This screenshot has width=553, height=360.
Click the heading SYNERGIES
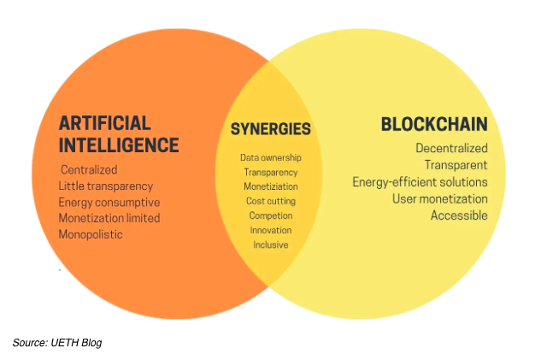270,129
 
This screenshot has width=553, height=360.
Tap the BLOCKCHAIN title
434,124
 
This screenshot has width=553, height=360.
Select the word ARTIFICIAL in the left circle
105,123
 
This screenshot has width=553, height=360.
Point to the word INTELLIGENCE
119,145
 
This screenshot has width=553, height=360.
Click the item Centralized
89,170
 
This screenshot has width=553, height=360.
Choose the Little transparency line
106,186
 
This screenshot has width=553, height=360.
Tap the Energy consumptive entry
109,203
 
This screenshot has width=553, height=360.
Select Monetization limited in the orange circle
109,218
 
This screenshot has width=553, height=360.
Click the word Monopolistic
91,234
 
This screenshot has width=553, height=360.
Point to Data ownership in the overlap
271,157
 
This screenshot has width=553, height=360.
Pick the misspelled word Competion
271,215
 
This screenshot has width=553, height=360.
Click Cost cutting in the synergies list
271,201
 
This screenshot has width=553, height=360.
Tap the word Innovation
271,230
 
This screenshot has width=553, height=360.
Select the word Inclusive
271,245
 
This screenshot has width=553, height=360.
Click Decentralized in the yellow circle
451,148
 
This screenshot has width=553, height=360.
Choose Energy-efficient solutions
420,182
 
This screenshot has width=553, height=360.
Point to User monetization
440,199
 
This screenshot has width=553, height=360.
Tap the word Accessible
459,215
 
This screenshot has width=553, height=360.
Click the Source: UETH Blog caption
57,343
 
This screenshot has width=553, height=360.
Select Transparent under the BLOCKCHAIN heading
456,165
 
